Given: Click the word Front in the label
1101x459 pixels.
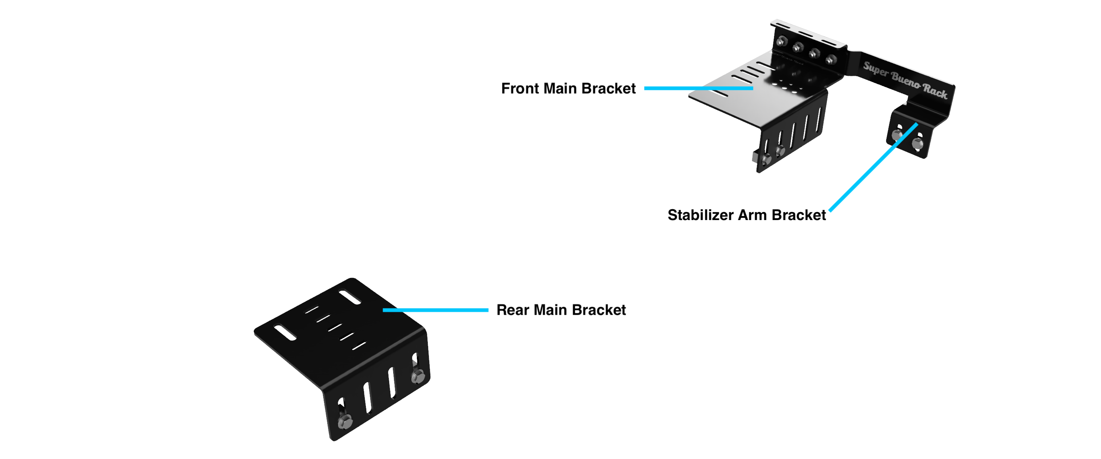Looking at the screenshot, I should (520, 89).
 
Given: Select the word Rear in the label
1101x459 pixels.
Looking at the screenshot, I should (513, 310).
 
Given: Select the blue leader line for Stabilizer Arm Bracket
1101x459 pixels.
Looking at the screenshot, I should (872, 168).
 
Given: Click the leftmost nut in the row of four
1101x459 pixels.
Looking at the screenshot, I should (782, 42).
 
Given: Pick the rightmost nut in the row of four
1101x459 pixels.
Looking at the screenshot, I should (830, 59).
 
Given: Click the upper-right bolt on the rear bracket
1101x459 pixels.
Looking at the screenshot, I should (418, 376).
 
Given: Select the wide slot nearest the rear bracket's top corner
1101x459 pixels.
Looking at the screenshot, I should (350, 297).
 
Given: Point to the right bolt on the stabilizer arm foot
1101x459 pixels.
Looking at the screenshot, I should (917, 143).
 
